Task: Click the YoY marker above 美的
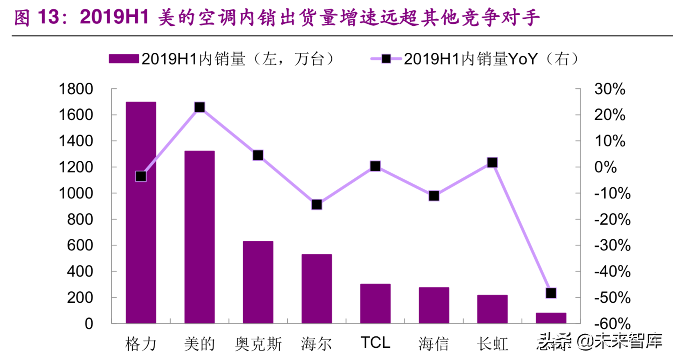[x=199, y=108]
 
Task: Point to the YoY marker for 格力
[x=141, y=176]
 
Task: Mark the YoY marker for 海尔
[x=316, y=205]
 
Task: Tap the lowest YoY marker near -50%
[x=551, y=293]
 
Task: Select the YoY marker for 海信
[x=434, y=196]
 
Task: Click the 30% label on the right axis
[x=610, y=89]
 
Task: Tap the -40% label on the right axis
[x=612, y=271]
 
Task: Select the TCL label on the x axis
[x=375, y=343]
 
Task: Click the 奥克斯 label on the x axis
[x=258, y=344]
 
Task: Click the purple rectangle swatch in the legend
[x=124, y=59]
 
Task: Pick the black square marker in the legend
[x=386, y=59]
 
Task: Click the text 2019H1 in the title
[x=114, y=17]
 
